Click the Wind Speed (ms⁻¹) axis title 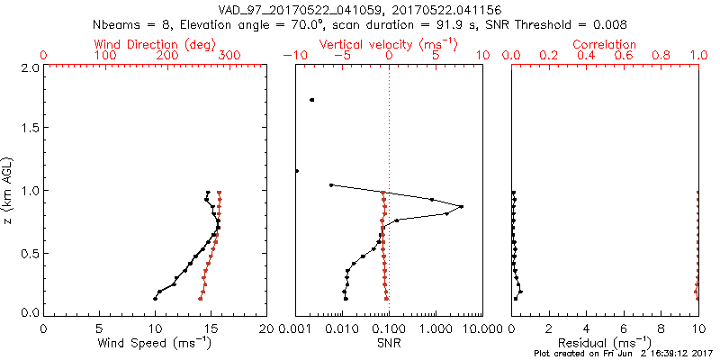[155, 343]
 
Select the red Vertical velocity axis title [389, 44]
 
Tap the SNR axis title [389, 343]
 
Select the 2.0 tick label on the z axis [30, 67]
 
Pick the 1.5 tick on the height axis [30, 129]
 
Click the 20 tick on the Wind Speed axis [266, 329]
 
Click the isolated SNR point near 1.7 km [312, 100]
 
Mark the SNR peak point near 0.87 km [462, 207]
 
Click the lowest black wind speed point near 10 [155, 298]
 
